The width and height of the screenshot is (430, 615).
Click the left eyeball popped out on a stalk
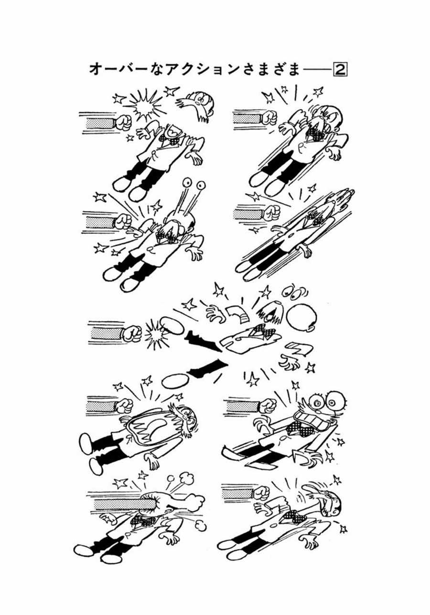click(x=188, y=182)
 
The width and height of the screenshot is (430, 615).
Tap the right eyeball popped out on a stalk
click(x=201, y=185)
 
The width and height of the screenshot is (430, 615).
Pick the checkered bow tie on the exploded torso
click(x=260, y=329)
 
